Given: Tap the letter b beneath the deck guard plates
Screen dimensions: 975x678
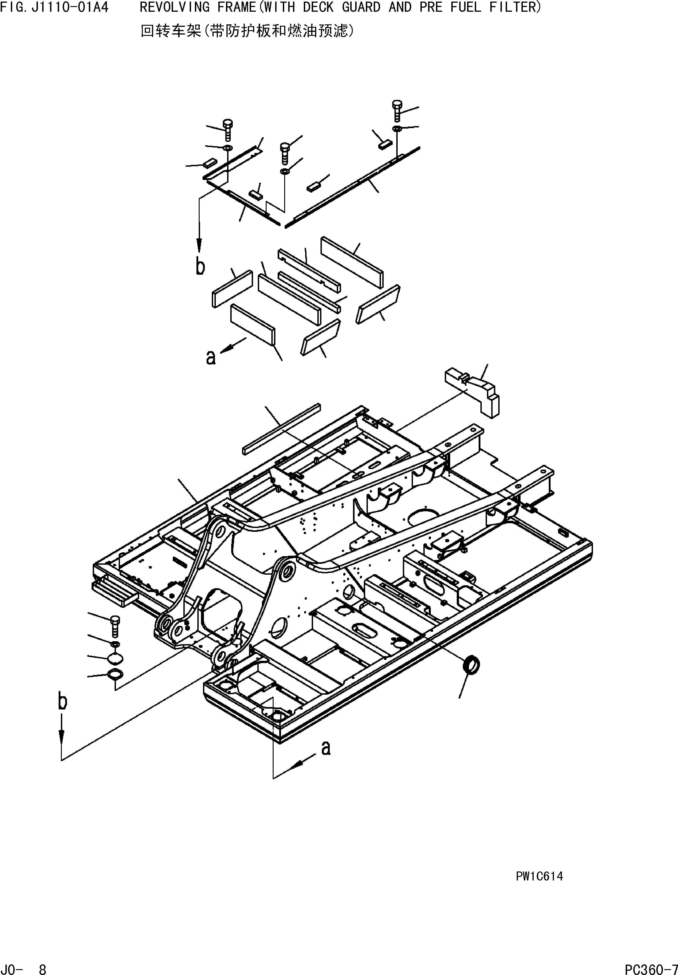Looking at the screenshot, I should [200, 266].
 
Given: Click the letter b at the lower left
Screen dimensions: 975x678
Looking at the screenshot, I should [62, 701].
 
